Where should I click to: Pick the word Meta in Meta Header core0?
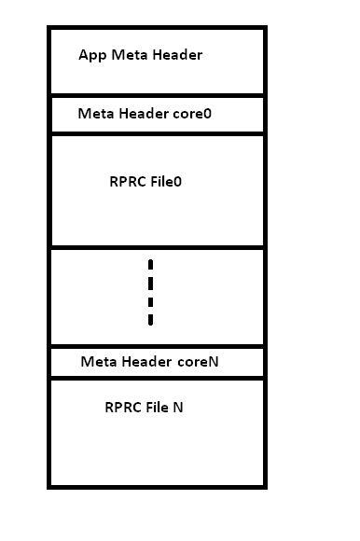(96, 114)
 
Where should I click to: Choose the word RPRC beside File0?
(127, 181)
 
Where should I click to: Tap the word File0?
(166, 181)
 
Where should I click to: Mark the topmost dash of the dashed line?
(150, 265)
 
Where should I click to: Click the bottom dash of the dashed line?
(150, 319)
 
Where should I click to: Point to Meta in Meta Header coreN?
(99, 362)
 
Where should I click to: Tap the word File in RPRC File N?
(157, 408)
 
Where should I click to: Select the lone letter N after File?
(178, 408)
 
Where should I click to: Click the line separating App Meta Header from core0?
(157, 95)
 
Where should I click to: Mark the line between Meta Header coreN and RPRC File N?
(157, 378)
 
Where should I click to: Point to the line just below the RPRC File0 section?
(157, 248)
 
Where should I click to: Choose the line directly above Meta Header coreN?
(157, 347)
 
